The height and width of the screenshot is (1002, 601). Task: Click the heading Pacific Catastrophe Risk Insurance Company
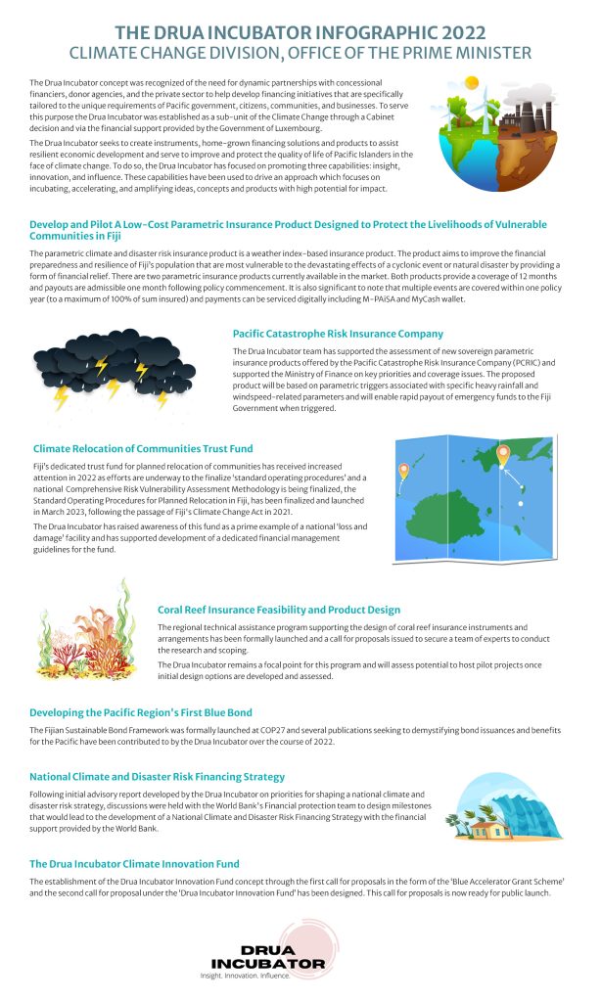point(338,334)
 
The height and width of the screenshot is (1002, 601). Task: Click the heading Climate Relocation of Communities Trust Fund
point(141,448)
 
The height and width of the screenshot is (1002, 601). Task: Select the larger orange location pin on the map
point(503,454)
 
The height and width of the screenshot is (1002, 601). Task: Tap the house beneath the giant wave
point(480,830)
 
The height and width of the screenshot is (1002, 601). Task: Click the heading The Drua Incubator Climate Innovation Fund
point(134,864)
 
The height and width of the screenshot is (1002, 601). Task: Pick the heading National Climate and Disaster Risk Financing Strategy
point(157,776)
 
